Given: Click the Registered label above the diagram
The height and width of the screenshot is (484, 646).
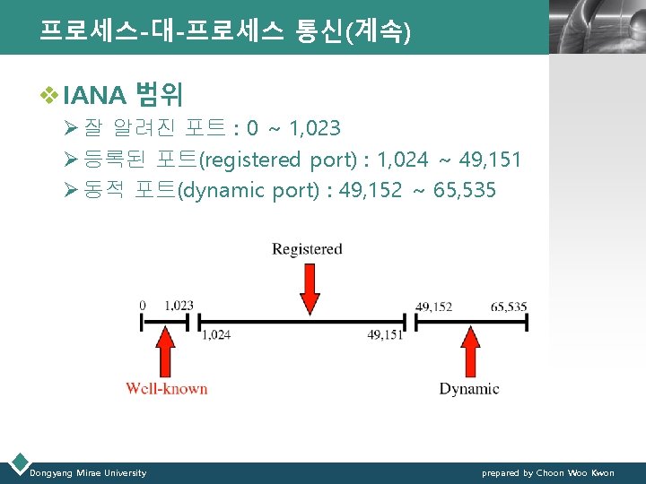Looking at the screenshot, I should [x=307, y=248].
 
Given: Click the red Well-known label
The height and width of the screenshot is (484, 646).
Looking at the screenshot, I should [x=166, y=388].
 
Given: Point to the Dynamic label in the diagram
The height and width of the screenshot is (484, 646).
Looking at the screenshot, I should [x=468, y=388].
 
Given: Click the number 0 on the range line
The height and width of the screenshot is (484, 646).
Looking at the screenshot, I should [x=143, y=306].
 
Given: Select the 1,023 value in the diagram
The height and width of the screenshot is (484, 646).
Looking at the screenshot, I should [x=179, y=306].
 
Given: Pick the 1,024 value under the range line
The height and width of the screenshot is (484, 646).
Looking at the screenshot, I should [x=216, y=334].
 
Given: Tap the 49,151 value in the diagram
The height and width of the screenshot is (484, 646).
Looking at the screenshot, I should [x=385, y=334].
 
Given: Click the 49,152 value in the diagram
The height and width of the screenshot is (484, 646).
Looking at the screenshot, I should [x=433, y=306].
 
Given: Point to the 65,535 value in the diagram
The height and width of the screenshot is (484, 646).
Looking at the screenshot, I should [x=509, y=306].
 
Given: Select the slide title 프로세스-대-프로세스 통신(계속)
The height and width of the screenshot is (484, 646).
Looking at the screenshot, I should [x=224, y=31].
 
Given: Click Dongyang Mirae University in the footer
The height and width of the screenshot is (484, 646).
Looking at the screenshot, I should [x=88, y=472].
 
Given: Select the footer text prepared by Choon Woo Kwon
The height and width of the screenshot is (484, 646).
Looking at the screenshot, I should [x=547, y=472].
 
